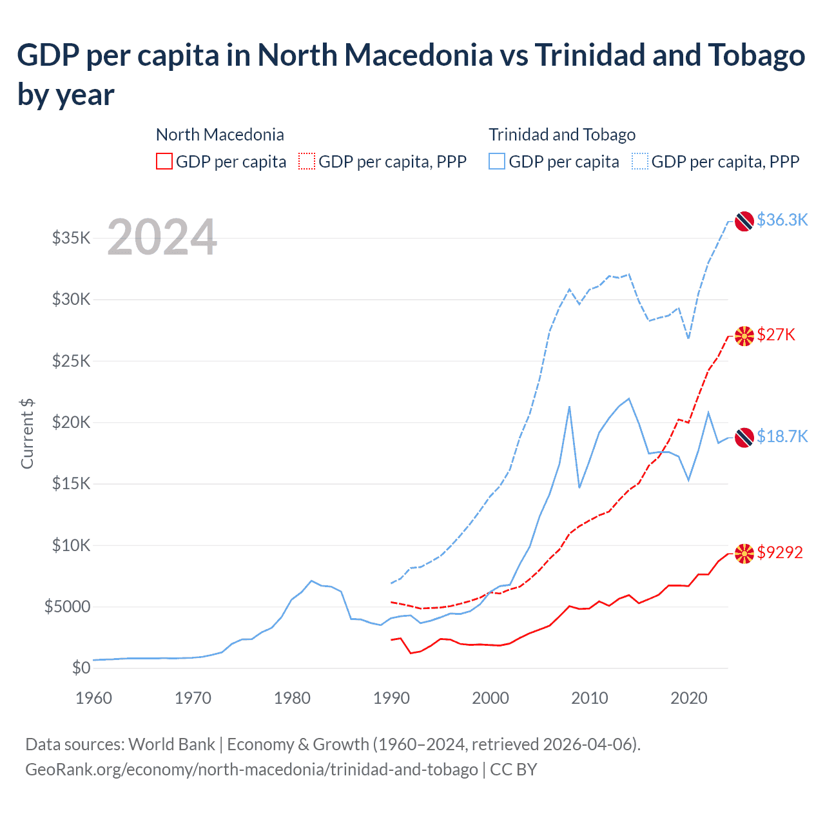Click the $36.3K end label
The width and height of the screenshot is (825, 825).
click(x=782, y=220)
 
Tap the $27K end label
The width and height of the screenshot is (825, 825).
click(x=776, y=335)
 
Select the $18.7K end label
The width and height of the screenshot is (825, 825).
click(x=782, y=436)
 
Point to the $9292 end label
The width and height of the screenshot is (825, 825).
click(x=780, y=552)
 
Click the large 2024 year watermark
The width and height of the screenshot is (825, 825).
click(x=162, y=237)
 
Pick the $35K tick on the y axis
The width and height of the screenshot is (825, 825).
click(x=72, y=238)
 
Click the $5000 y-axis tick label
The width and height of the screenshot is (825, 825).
click(x=68, y=607)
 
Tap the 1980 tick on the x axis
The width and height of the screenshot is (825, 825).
click(x=292, y=698)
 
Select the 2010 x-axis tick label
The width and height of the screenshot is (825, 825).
click(x=590, y=698)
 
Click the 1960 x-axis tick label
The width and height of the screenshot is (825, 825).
click(x=93, y=698)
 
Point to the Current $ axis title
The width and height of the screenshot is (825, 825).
click(x=27, y=433)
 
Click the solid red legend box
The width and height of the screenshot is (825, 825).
click(x=164, y=161)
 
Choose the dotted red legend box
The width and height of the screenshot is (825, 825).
click(x=307, y=161)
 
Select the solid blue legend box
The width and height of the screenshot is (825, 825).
click(x=497, y=161)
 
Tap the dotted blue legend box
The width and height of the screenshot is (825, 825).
click(x=640, y=161)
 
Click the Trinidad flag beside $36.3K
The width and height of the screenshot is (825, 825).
click(x=744, y=220)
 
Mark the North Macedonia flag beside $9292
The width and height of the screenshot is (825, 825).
click(x=744, y=553)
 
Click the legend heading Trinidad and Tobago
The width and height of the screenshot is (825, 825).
click(x=562, y=135)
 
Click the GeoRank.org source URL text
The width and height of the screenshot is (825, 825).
click(x=251, y=770)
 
